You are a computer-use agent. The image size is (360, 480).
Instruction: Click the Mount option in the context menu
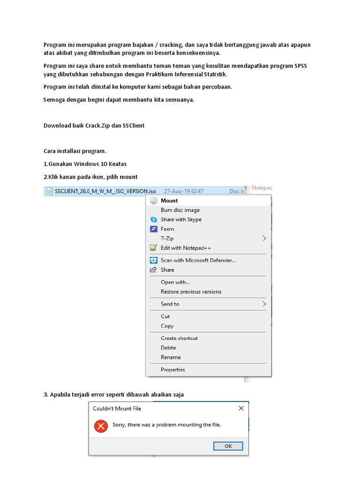click(169, 201)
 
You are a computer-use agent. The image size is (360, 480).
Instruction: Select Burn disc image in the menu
click(180, 210)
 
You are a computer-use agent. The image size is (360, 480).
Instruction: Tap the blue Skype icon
click(153, 219)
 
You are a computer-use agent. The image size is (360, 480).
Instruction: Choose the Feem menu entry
click(167, 229)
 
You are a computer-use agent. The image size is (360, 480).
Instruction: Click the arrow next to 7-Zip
click(264, 238)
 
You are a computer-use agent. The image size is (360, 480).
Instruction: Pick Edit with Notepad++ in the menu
click(186, 248)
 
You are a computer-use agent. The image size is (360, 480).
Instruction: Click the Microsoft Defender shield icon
click(153, 260)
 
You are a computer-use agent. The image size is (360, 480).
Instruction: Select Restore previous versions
click(191, 292)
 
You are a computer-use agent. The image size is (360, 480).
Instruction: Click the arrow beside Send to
click(264, 304)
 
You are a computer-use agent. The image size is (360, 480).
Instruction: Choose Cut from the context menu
click(165, 316)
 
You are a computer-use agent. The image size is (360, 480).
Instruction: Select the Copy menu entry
click(167, 326)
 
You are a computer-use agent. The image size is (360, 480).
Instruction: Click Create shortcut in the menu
click(179, 338)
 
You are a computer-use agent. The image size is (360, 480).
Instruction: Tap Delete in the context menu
click(168, 348)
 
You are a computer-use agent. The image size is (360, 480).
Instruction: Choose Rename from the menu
click(171, 357)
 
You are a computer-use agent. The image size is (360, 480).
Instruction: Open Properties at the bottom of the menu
click(172, 369)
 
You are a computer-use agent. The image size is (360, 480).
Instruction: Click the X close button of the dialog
click(241, 408)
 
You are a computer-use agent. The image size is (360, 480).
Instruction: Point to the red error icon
click(100, 426)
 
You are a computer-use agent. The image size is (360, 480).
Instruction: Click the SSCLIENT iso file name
click(105, 191)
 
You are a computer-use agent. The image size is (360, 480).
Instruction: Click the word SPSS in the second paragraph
click(300, 66)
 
